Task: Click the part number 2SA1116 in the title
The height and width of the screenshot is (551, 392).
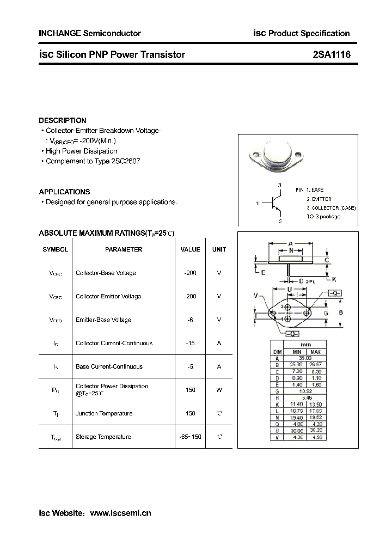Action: tap(332, 54)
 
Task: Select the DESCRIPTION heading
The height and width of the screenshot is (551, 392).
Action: tap(63, 120)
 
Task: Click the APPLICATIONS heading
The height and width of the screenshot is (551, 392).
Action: tap(64, 192)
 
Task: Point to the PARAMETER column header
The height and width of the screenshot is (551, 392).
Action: tap(124, 249)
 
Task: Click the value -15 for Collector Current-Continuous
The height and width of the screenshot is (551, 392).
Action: tap(190, 343)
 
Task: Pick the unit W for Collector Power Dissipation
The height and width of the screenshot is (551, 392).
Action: tap(219, 390)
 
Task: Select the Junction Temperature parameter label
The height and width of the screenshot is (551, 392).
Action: tap(102, 413)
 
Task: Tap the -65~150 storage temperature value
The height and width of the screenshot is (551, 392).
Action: tap(190, 437)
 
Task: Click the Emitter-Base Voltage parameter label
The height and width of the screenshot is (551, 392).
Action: tap(103, 320)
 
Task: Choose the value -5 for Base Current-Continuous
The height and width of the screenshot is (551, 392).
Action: tap(190, 366)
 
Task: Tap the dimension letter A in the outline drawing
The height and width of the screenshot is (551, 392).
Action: tap(291, 243)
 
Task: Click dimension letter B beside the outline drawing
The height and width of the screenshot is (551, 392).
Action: tap(341, 313)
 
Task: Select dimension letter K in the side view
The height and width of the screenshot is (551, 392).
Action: tap(334, 279)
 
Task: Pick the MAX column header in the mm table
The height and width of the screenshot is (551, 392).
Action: tap(316, 352)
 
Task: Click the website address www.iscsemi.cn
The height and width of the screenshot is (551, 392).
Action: tap(120, 513)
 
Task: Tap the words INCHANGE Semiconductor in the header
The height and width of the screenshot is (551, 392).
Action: tap(90, 33)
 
